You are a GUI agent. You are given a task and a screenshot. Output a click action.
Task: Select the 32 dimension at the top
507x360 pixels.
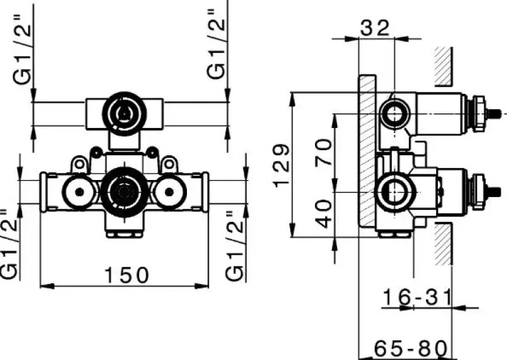tap(376, 27)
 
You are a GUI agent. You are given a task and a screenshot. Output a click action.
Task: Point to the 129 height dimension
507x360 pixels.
tap(283, 166)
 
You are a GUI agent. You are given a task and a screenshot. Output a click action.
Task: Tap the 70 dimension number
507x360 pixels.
tap(324, 153)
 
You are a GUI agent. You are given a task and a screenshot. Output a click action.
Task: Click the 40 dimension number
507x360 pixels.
tap(324, 214)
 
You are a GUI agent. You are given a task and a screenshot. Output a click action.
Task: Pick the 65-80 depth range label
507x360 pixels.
tap(411, 349)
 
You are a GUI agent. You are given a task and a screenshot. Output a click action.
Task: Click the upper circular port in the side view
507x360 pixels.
tap(396, 115)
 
